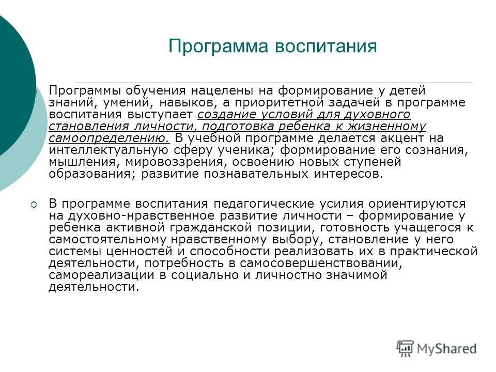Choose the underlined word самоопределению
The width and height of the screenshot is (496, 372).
[x=109, y=138]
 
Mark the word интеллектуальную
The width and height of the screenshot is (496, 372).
[x=107, y=150]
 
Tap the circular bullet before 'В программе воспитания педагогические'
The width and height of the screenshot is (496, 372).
[x=34, y=205]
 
